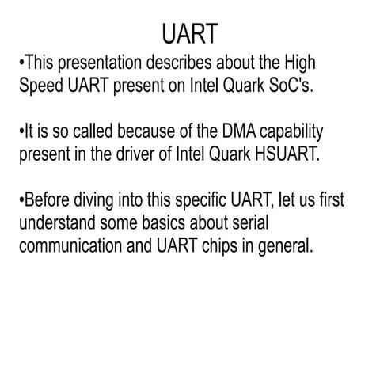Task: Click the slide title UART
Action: click(x=189, y=35)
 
